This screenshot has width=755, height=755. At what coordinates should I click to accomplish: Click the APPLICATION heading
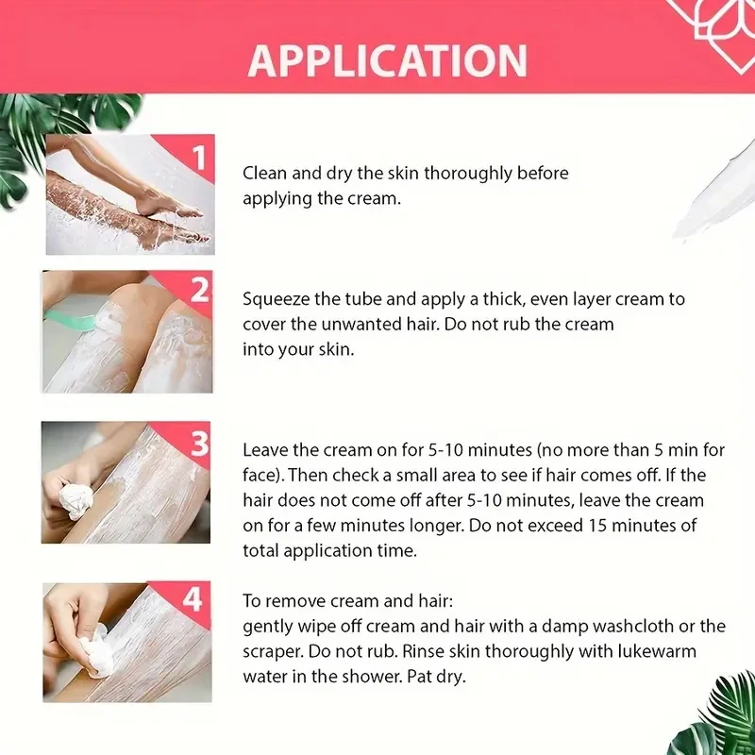pos(388,60)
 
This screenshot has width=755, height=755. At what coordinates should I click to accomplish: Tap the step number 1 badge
pos(197,157)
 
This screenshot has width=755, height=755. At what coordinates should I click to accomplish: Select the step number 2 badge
pos(198,291)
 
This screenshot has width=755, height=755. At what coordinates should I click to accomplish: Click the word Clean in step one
pos(263,174)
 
